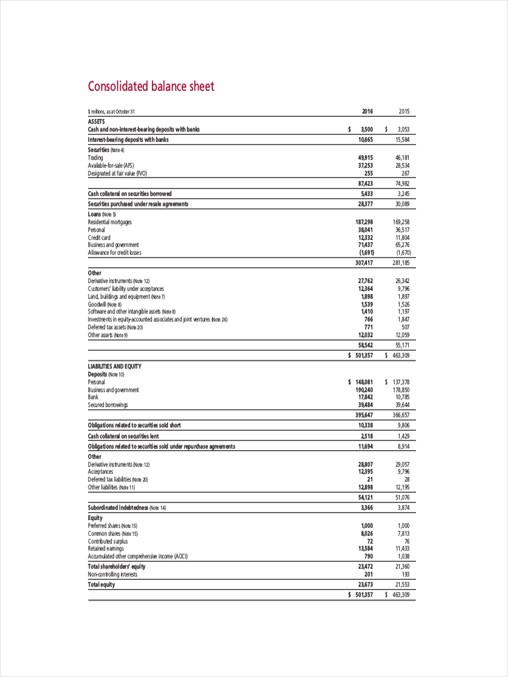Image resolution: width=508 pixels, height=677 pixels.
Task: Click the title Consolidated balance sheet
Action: tap(151, 86)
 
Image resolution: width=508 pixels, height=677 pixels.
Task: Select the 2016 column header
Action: tap(367, 111)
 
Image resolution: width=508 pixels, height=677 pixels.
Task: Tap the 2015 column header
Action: tap(404, 111)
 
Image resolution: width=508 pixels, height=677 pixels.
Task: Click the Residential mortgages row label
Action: tap(110, 222)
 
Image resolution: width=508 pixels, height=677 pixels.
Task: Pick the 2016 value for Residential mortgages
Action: tap(361, 222)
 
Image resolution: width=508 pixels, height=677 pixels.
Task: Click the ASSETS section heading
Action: tap(97, 121)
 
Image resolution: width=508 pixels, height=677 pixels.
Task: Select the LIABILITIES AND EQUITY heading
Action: tap(115, 366)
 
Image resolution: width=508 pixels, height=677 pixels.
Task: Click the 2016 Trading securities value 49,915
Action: tap(363, 158)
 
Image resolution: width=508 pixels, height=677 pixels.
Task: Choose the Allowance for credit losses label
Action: tap(115, 253)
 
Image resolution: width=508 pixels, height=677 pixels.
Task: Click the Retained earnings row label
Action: tap(106, 548)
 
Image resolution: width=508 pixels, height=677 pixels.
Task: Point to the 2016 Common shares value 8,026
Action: tap(365, 533)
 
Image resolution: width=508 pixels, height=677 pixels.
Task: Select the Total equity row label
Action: tap(101, 584)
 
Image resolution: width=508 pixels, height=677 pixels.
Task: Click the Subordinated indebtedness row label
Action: tap(127, 508)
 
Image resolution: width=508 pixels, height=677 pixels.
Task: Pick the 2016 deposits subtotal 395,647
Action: tap(361, 415)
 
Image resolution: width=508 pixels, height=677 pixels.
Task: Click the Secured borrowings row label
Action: tap(108, 405)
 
